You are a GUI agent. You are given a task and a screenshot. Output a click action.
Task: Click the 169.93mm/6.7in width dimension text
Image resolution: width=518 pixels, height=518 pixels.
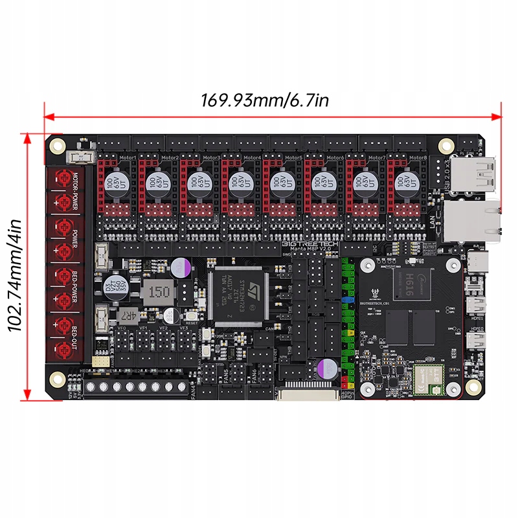pyautogui.click(x=265, y=100)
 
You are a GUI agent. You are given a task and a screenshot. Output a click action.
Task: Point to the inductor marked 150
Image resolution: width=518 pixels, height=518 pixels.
pyautogui.click(x=157, y=293)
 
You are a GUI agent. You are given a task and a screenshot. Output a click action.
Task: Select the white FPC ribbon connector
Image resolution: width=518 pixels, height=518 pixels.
pyautogui.click(x=307, y=394)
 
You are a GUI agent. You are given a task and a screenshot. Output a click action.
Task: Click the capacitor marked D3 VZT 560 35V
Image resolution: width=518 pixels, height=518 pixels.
pyautogui.click(x=116, y=285)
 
